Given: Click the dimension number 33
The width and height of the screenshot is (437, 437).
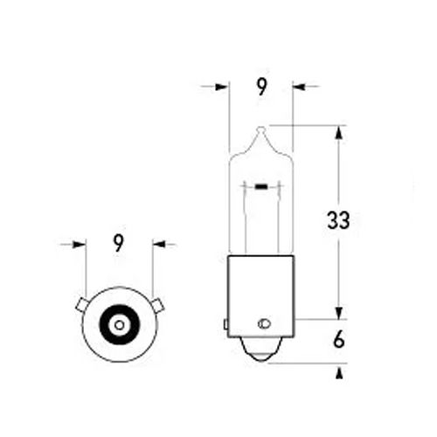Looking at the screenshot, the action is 338,220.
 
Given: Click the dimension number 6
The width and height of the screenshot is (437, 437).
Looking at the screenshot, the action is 339,340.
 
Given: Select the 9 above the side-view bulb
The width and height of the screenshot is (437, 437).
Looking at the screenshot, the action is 261,87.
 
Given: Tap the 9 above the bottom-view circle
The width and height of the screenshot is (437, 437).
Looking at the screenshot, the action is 118,243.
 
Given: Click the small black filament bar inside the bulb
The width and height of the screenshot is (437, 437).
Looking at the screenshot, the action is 261,187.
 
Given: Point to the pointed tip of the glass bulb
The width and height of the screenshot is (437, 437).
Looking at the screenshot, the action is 261,128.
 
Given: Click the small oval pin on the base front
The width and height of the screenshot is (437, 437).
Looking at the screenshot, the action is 264,323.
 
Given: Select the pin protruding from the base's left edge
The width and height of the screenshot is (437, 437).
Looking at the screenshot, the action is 225,324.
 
